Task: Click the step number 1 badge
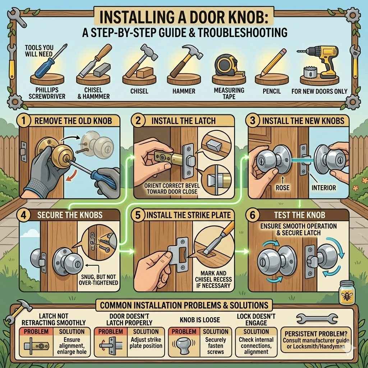(24, 120)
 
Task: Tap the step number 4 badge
(25, 215)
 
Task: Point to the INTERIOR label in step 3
(324, 188)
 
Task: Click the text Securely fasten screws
(215, 346)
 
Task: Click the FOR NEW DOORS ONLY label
(319, 91)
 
